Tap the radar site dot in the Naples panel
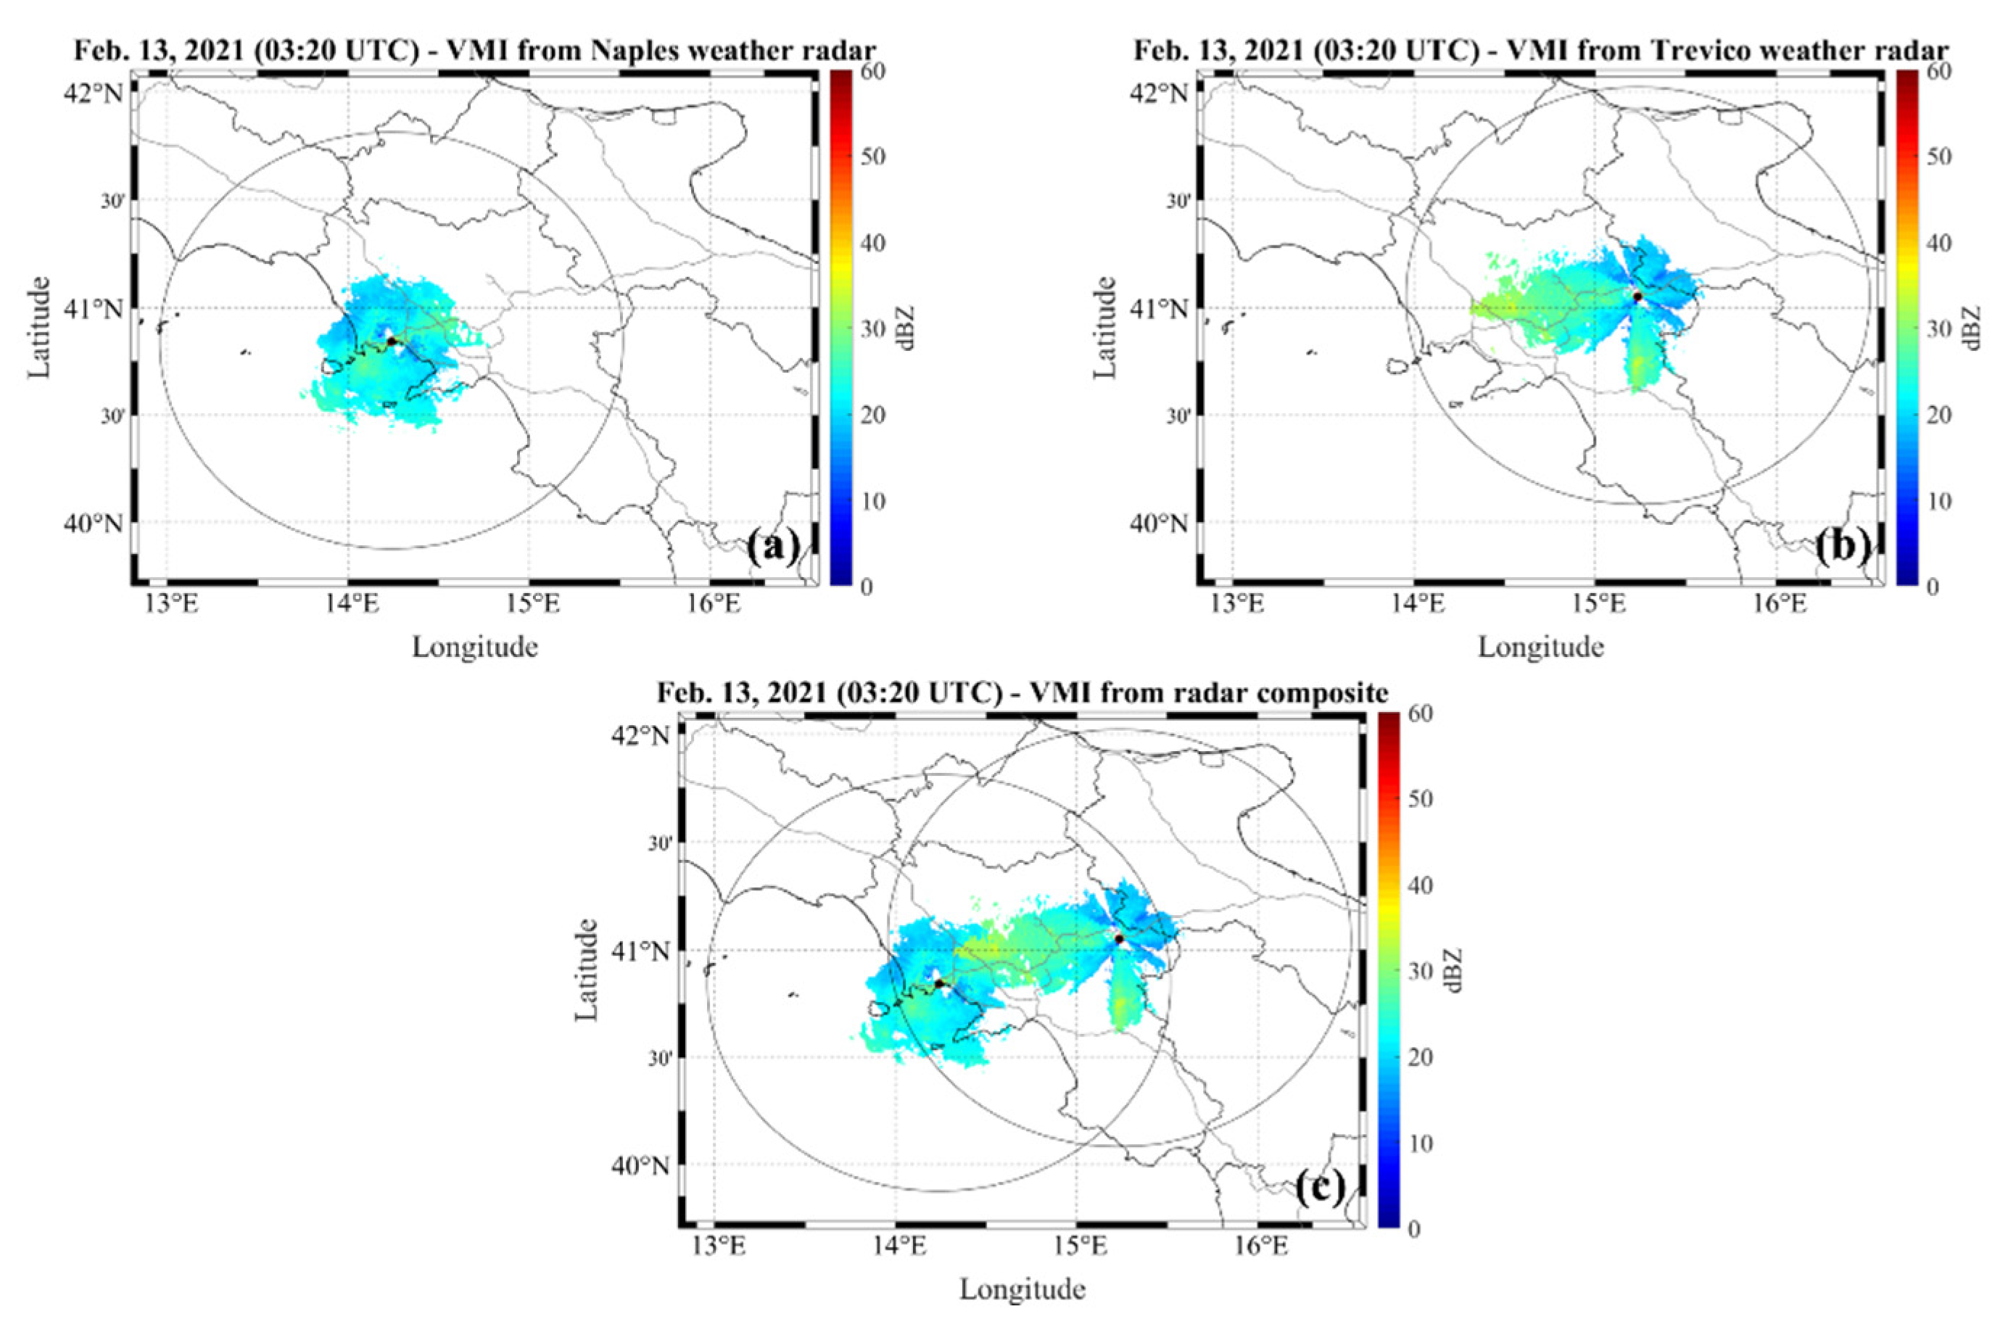[391, 341]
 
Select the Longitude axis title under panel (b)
[1541, 648]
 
